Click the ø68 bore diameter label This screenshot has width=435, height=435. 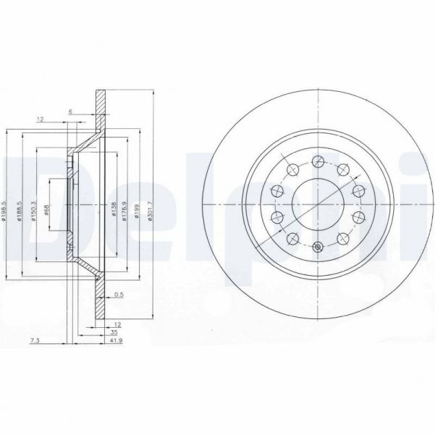pyautogui.click(x=46, y=211)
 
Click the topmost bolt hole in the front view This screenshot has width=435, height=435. pyautogui.click(x=319, y=161)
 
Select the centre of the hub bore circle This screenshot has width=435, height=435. pyautogui.click(x=319, y=205)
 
